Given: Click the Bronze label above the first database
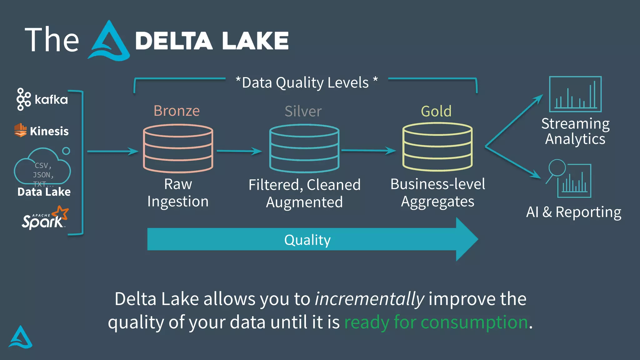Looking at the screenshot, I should pos(177,111).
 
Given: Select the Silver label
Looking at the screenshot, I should pos(303,111).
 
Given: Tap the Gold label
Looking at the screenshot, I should pos(436,111).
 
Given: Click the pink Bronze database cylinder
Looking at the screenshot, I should pos(178,148).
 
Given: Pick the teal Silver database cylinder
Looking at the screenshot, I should pos(304,148).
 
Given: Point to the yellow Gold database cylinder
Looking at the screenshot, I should pos(437,147).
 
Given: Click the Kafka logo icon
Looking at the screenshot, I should pos(23,99).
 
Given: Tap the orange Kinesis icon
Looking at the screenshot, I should pos(21,130).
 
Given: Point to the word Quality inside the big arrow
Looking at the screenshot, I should pos(307,240).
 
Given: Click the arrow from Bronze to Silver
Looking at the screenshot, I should pos(239,151).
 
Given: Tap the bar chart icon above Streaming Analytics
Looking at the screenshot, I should pos(575,94).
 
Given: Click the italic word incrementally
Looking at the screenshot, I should pos(369,299).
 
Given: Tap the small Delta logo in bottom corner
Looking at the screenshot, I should pos(21,337).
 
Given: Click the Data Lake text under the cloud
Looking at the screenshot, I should pos(44,192).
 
